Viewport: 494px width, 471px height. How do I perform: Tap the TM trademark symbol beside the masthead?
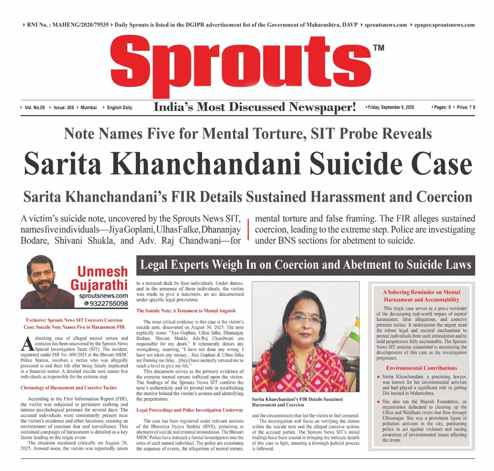click(x=379, y=48)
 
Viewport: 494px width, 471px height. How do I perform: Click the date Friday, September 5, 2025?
click(x=391, y=107)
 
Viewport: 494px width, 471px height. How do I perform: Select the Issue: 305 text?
click(x=64, y=108)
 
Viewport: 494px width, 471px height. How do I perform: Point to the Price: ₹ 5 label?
click(x=466, y=107)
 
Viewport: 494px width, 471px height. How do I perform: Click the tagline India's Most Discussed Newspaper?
click(x=254, y=107)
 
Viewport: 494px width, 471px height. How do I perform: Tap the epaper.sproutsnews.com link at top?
click(x=444, y=25)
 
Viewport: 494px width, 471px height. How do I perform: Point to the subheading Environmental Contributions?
click(x=421, y=368)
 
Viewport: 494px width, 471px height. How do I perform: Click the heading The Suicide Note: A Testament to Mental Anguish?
click(x=186, y=311)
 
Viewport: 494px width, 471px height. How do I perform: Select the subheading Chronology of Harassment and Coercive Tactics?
click(x=68, y=388)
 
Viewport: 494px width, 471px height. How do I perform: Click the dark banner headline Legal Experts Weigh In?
click(x=305, y=265)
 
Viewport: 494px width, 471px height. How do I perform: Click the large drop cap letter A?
click(x=27, y=342)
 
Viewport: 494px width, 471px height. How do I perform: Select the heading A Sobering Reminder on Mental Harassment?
click(x=422, y=296)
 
